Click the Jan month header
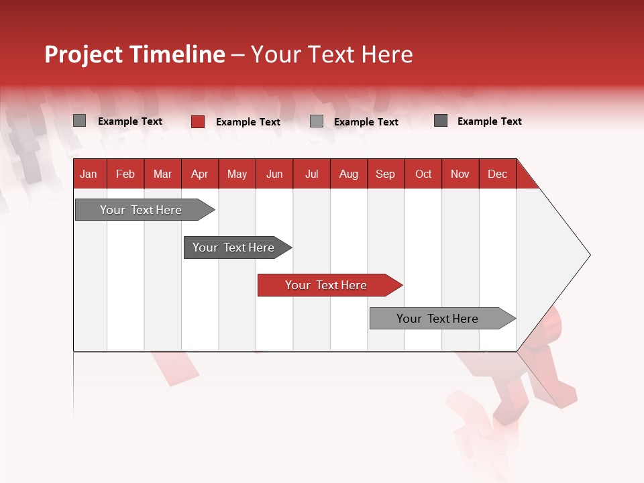pos(89,174)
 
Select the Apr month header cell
pos(200,174)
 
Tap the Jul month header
pos(311,174)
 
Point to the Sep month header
pos(386,174)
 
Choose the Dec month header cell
pos(497,174)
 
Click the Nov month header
pos(460,174)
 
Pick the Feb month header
pos(125,174)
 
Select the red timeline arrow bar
pos(329,285)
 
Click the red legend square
pos(198,121)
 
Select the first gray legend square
pos(80,121)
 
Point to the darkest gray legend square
pos(441,121)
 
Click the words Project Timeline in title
pos(135,54)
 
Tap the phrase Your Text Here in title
pos(331,54)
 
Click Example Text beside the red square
pos(248,122)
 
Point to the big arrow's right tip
pos(588,255)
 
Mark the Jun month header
pos(274,174)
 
